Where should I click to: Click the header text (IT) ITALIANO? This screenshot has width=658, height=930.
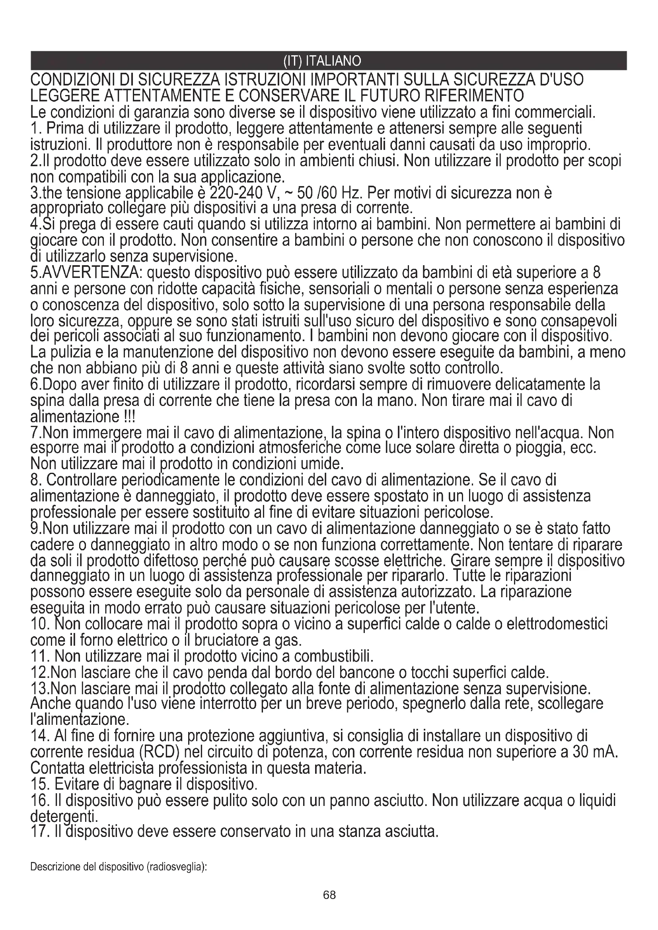point(322,61)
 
